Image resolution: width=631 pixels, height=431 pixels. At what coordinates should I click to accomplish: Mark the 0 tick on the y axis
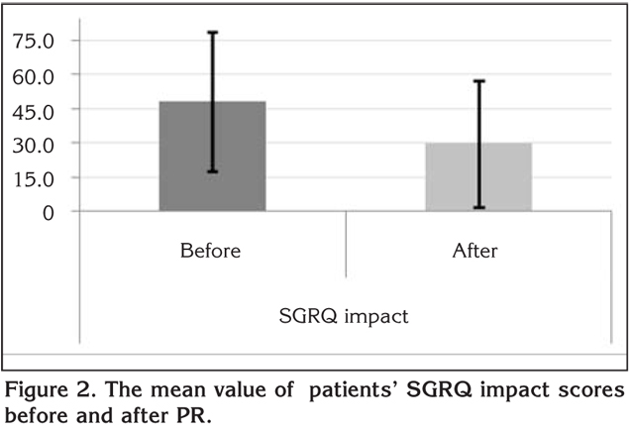tap(47, 212)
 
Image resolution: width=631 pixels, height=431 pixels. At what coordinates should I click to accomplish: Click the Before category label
tap(210, 251)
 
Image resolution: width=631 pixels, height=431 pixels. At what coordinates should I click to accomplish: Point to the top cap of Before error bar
tap(211, 33)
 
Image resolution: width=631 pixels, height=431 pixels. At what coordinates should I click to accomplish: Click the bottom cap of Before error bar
tap(211, 172)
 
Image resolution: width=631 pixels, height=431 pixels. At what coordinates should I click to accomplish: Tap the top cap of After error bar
tap(479, 81)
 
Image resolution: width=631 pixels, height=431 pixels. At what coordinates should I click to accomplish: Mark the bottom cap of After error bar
tap(479, 208)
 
